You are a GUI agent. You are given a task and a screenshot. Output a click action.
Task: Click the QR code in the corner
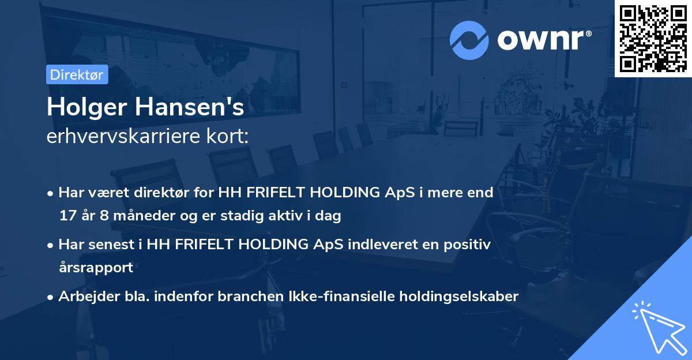coord(653,39)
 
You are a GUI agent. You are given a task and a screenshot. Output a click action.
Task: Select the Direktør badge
coord(77,74)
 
